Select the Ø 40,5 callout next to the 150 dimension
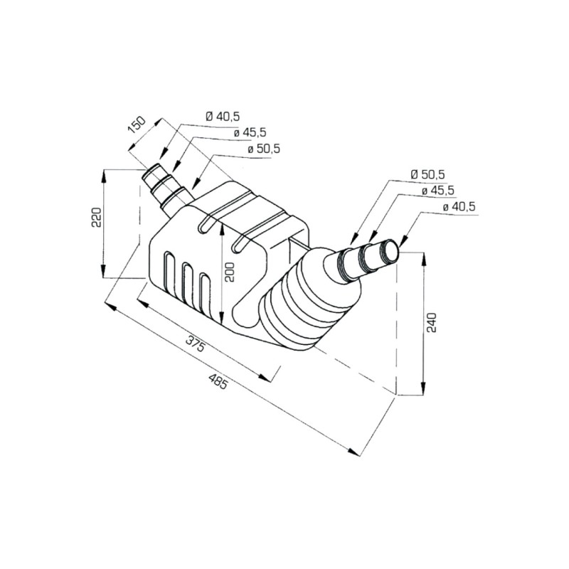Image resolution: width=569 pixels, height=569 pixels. click(x=223, y=116)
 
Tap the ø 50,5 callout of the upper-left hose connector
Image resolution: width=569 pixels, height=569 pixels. click(x=263, y=149)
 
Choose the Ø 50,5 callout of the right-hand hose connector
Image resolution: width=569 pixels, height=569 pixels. click(x=427, y=174)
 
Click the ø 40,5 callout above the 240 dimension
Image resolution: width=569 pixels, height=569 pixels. click(x=459, y=206)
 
